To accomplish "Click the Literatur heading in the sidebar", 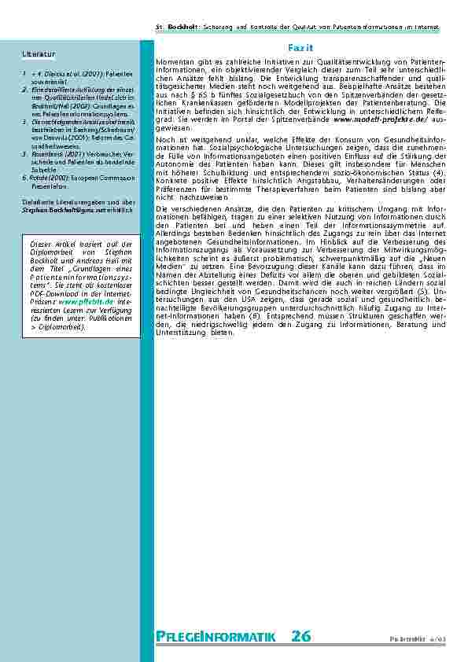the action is (x=39, y=54).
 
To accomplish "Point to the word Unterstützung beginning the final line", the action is (x=182, y=333).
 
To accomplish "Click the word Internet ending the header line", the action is (x=425, y=28).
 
